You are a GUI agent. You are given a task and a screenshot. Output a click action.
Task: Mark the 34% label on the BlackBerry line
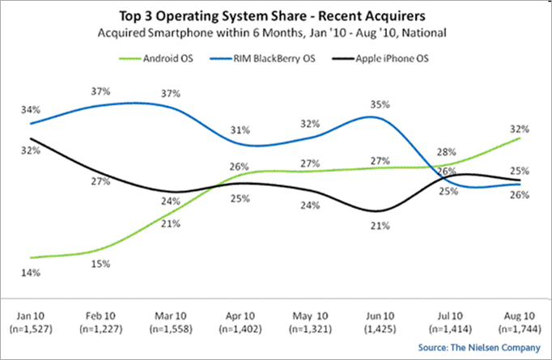30,108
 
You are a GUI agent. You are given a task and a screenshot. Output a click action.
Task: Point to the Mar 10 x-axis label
169,315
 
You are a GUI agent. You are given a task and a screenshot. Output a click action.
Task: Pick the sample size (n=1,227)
100,329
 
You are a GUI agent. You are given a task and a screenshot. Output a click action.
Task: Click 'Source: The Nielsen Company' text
486,348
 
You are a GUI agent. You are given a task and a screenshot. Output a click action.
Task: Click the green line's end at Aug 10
519,138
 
